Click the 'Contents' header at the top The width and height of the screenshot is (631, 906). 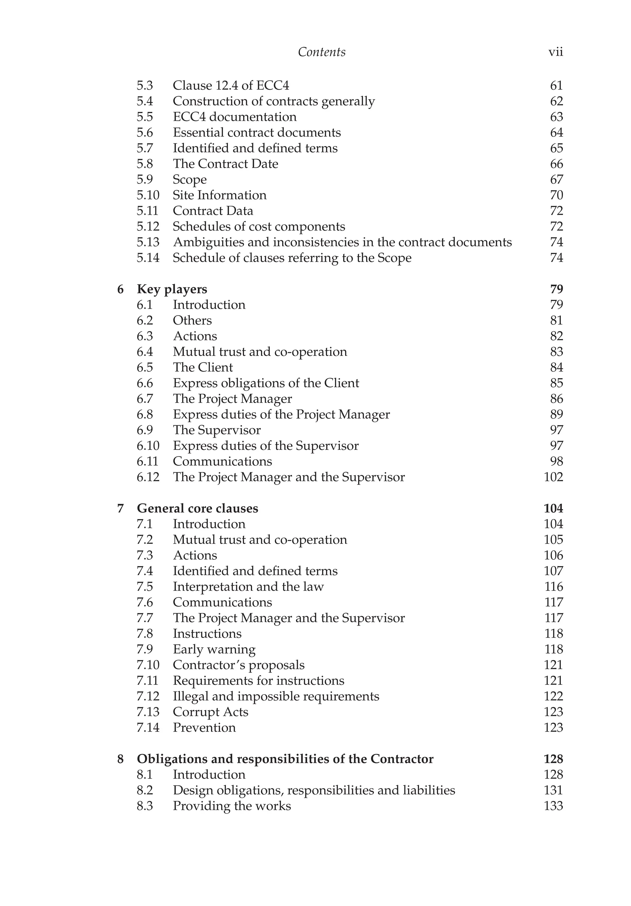(x=321, y=52)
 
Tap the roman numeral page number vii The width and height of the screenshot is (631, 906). (x=555, y=52)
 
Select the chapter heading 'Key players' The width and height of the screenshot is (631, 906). (x=172, y=289)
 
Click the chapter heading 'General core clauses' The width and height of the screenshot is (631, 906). (x=197, y=508)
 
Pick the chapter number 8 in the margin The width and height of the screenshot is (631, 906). (x=120, y=759)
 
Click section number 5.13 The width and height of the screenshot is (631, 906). (x=148, y=242)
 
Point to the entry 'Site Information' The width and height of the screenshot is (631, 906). (x=219, y=195)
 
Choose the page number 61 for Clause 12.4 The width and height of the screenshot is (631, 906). (x=556, y=86)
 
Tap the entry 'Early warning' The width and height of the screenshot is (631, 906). (x=214, y=649)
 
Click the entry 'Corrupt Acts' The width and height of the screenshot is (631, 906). (x=210, y=712)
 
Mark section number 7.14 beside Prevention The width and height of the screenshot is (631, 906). (x=148, y=727)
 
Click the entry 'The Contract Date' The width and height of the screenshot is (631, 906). (x=225, y=164)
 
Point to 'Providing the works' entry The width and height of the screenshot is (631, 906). (x=232, y=806)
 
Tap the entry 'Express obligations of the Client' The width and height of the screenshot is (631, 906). (x=266, y=383)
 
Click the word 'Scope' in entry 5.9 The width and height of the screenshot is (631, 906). (x=189, y=180)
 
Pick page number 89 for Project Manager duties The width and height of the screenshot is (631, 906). (x=556, y=414)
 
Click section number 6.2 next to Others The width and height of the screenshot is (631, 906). (x=145, y=320)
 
